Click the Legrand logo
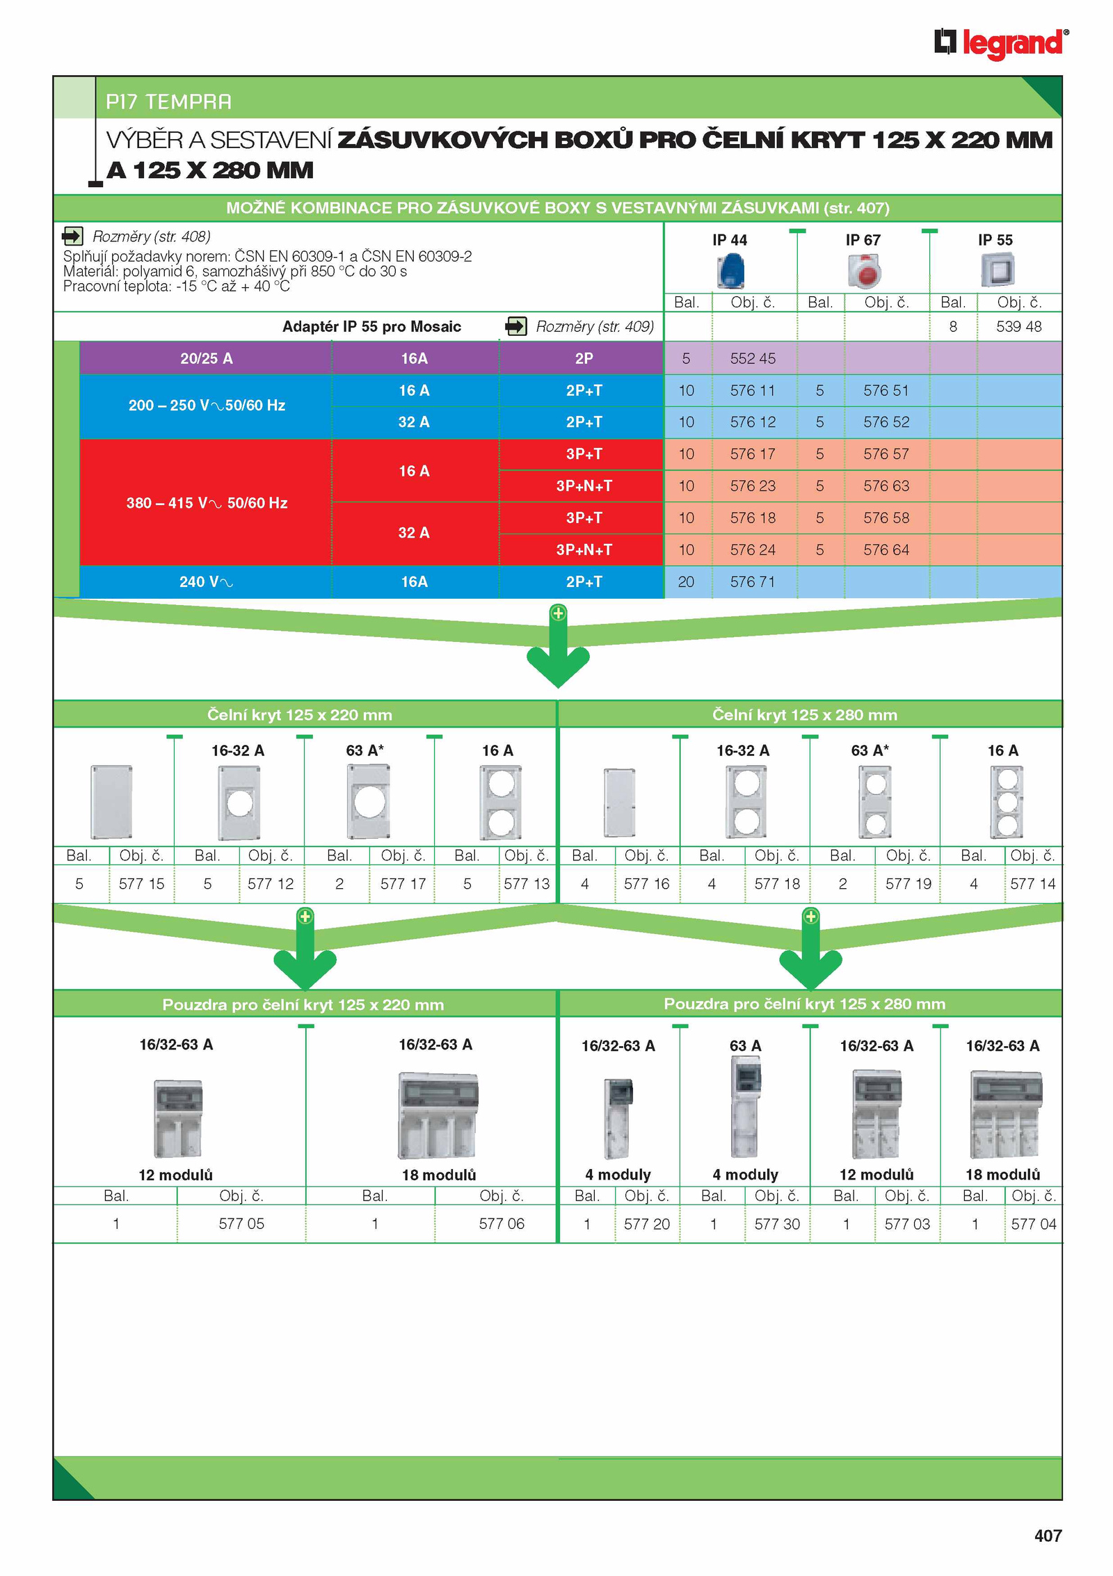coord(1001,44)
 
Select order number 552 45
coord(753,359)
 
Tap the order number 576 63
coord(886,486)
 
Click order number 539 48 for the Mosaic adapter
coord(1018,327)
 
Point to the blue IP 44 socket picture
coord(730,271)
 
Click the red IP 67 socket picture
coord(864,271)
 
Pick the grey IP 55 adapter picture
coord(998,270)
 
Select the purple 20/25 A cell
coord(206,359)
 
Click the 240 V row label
coord(206,582)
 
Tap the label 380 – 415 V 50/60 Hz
coord(207,503)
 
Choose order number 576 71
coord(753,582)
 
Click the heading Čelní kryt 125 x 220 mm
coord(300,715)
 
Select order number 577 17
coord(403,884)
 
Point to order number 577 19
coord(908,884)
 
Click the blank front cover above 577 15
coord(111,802)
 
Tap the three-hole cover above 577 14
coord(1007,802)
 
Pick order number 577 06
coord(502,1224)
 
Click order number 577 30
coord(777,1224)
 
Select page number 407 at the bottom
coord(1048,1536)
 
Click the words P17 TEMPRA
coord(168,102)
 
